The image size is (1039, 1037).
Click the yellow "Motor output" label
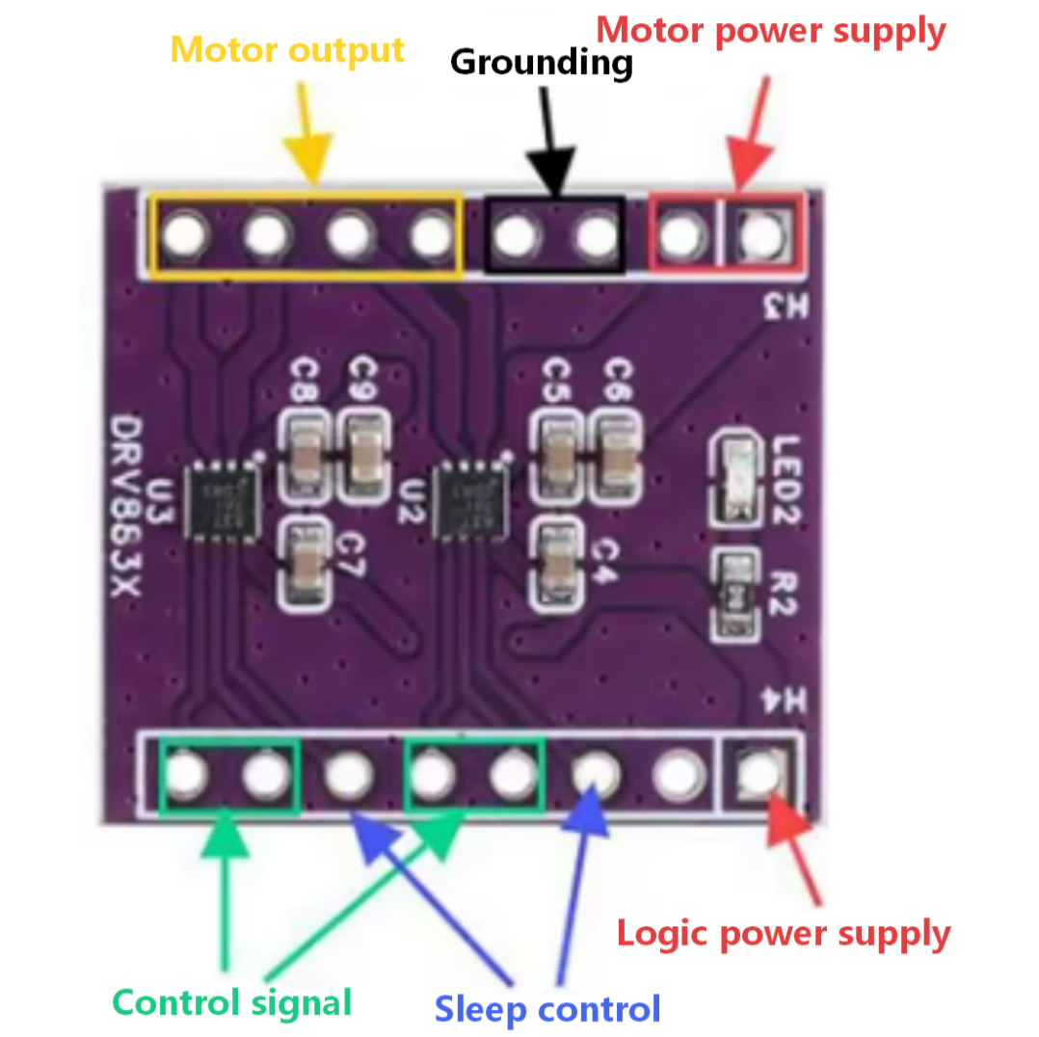click(x=287, y=49)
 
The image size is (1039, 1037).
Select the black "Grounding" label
click(x=542, y=63)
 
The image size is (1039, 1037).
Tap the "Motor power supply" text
click(x=770, y=31)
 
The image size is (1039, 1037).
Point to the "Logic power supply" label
click(x=783, y=933)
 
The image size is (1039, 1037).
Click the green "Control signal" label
click(x=232, y=1002)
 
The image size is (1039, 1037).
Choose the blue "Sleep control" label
click(x=547, y=1009)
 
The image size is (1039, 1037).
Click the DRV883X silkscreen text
click(x=124, y=520)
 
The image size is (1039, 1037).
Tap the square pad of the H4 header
click(x=760, y=770)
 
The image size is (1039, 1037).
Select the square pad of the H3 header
click(x=761, y=232)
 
